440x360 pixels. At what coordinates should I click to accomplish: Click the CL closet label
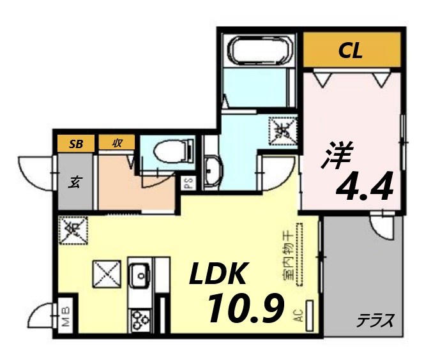tap(351, 52)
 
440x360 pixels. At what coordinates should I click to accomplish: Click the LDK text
tap(217, 274)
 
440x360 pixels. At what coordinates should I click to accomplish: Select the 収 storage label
tap(118, 143)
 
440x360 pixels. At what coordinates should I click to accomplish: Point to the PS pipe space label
tap(188, 184)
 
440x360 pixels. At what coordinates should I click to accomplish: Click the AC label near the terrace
tap(298, 315)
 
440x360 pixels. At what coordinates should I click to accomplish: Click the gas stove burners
tap(140, 319)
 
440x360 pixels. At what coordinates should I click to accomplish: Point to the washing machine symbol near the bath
tap(281, 131)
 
